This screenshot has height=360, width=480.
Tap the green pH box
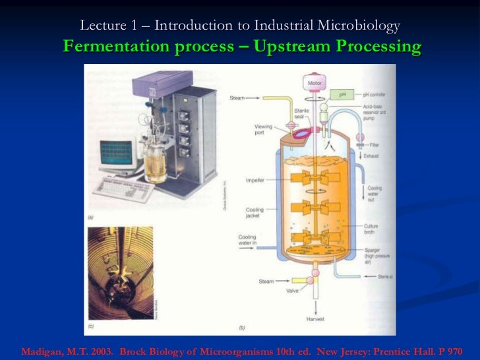click(x=342, y=95)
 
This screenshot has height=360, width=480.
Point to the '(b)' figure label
click(x=241, y=328)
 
